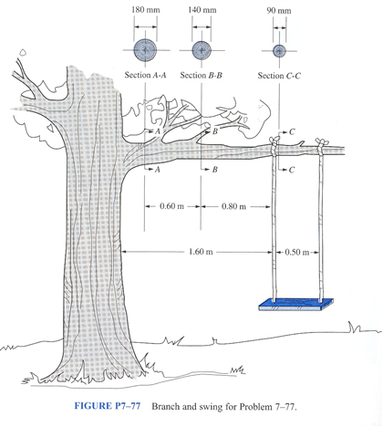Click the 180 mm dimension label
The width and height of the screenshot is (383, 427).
(x=145, y=11)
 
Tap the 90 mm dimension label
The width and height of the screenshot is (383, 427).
(x=280, y=11)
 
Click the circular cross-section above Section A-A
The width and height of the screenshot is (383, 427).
(x=145, y=49)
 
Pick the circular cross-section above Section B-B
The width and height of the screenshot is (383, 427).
(x=202, y=49)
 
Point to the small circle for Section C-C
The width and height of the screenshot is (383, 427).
(x=279, y=49)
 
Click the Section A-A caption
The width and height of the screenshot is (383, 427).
(x=145, y=75)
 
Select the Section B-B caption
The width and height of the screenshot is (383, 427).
(x=202, y=75)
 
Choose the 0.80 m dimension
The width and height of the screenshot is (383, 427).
(x=234, y=206)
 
